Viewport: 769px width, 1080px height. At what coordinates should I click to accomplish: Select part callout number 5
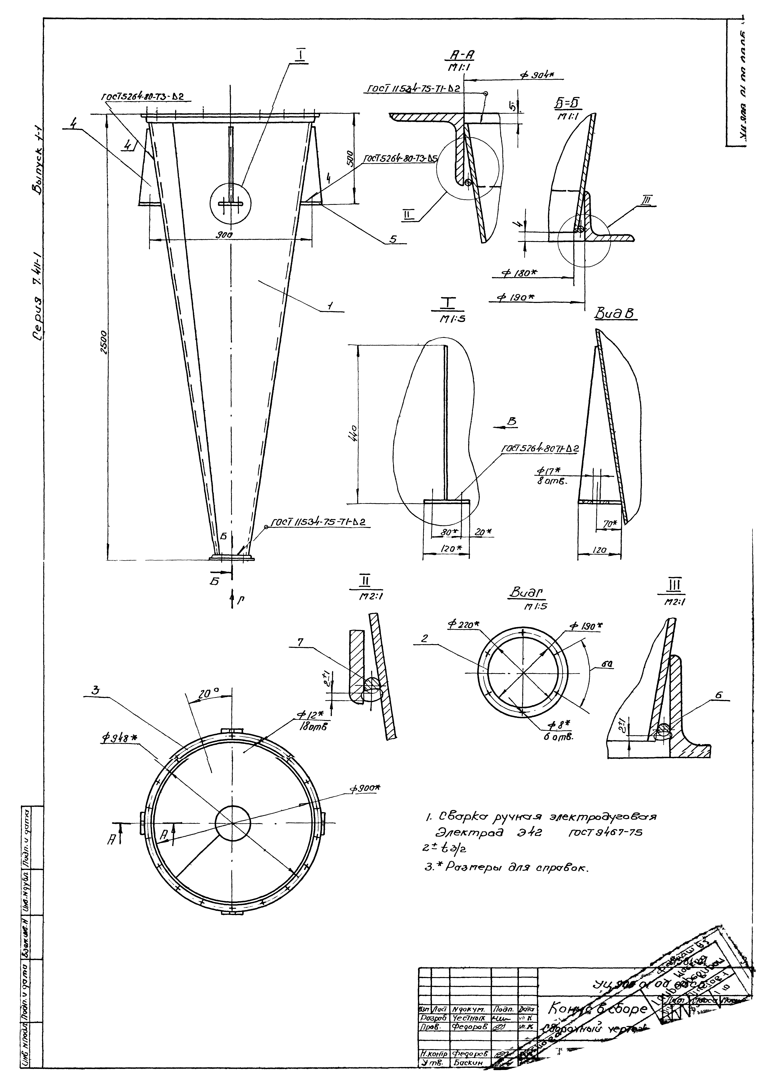(393, 239)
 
